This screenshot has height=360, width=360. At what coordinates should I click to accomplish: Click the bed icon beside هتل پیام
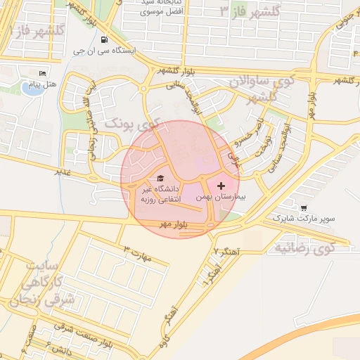tap(42, 74)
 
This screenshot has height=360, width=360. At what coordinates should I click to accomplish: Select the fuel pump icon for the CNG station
tap(104, 40)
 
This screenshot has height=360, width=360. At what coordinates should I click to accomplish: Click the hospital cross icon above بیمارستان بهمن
tap(221, 186)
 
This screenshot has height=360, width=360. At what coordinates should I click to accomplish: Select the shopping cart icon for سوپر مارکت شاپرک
tap(303, 207)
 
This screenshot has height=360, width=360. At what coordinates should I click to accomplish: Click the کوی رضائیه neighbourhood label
tap(303, 247)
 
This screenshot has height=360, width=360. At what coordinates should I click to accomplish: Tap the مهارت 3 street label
tap(137, 254)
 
